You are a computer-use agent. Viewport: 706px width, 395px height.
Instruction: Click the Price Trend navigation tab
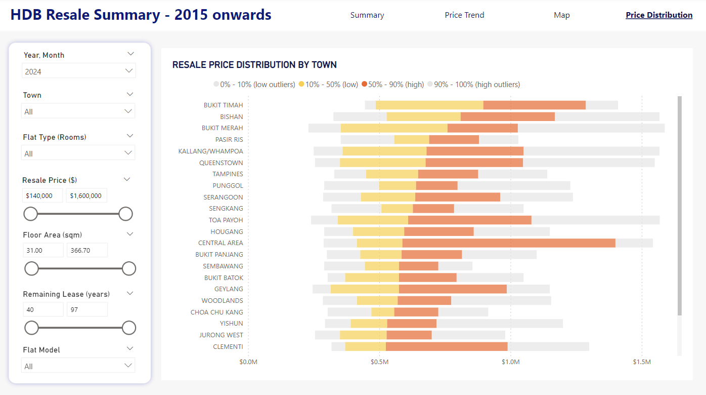(464, 15)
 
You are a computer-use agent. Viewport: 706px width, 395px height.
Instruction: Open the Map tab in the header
(561, 15)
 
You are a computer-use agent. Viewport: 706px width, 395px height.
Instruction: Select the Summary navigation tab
(367, 15)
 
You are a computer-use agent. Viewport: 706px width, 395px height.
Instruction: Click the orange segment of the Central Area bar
(508, 243)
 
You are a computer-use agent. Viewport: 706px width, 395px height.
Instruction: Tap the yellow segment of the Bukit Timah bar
(429, 105)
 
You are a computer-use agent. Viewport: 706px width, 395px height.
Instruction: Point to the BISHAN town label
(231, 116)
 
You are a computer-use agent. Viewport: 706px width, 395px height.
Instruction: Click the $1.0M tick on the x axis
(510, 362)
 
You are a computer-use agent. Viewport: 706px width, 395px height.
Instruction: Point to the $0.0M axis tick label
(248, 362)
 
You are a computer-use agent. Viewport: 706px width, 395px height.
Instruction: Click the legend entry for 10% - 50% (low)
(329, 85)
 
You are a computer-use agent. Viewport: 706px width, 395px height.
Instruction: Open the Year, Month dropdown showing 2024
(79, 71)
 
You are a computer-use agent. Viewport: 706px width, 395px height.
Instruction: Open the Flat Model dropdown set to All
(78, 366)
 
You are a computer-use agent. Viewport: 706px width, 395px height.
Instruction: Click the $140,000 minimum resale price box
(42, 195)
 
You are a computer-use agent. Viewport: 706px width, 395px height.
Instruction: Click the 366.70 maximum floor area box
(87, 250)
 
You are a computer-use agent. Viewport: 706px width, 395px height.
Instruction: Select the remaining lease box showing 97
(87, 309)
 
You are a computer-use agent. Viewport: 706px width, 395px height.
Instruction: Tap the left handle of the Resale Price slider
(31, 214)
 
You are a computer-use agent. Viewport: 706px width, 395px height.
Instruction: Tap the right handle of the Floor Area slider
(129, 268)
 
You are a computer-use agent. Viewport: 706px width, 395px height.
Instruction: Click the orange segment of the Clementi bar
(446, 346)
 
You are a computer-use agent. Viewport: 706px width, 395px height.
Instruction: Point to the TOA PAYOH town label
(226, 220)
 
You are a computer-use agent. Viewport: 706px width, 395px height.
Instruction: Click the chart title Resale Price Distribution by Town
(254, 65)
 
